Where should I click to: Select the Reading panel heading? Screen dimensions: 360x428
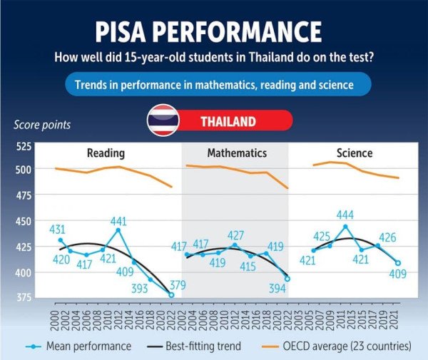[106, 153]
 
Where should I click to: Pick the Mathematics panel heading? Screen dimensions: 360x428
[237, 153]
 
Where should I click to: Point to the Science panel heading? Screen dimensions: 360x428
[355, 153]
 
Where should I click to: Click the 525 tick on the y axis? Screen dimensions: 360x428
[24, 148]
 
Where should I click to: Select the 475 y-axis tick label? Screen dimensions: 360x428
[24, 195]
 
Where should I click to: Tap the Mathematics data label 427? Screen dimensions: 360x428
[235, 236]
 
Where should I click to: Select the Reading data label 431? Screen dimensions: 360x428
[58, 230]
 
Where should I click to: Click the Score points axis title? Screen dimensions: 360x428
[42, 125]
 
